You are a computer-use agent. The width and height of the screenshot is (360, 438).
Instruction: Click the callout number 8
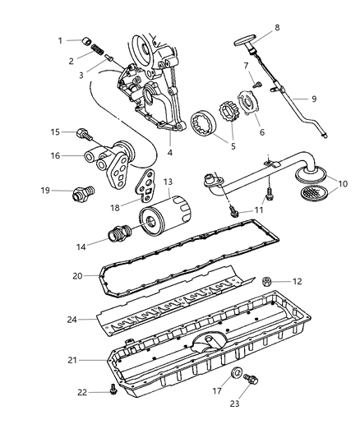[x=276, y=27]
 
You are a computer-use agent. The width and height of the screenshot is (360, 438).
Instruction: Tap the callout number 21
[x=74, y=360]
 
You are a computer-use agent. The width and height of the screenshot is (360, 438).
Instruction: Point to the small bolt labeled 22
[x=112, y=392]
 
